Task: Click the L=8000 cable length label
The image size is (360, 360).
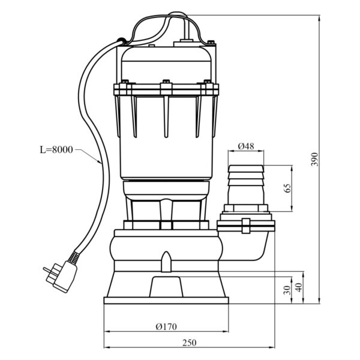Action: pos(56,149)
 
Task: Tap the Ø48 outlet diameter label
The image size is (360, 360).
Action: pos(246,146)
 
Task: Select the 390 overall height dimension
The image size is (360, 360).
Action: pos(315,160)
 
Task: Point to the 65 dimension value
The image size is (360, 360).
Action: pos(287,188)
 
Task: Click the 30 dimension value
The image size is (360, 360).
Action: pos(287,290)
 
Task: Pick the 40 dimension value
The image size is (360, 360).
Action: pos(299,287)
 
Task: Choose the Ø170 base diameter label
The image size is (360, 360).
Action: pos(166,326)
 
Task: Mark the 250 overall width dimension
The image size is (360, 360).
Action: pos(190,343)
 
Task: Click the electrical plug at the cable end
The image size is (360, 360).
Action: pos(61,277)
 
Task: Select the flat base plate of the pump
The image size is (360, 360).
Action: pos(166,301)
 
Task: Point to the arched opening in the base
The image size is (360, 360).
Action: pos(166,287)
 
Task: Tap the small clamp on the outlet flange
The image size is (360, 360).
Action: pos(246,226)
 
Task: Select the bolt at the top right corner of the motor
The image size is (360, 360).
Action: pos(211,42)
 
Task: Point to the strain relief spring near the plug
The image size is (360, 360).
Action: pos(74,257)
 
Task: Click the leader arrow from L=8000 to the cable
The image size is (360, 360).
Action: pos(89,157)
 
